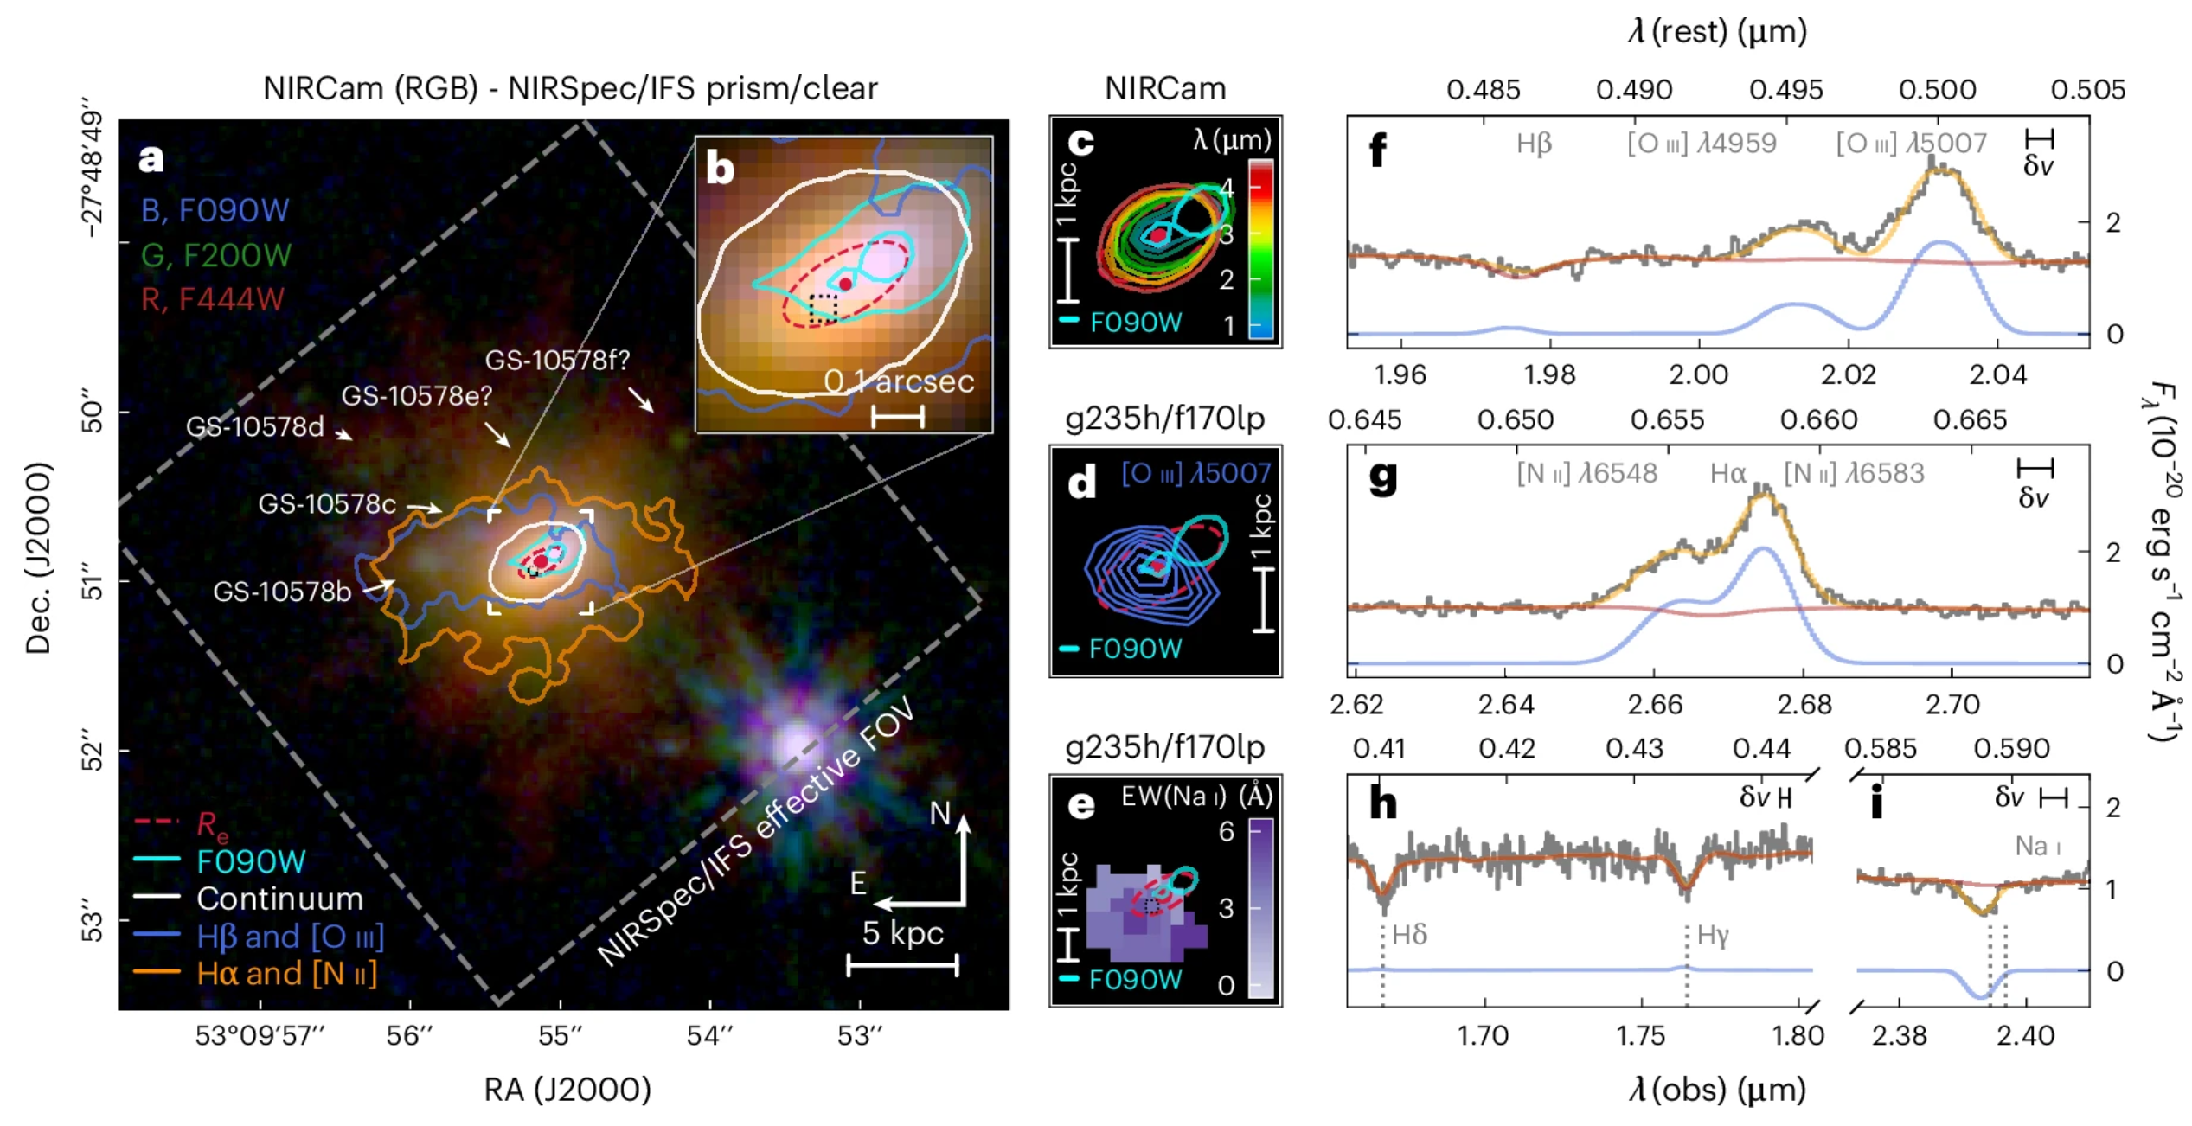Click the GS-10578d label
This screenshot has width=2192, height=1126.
tap(254, 427)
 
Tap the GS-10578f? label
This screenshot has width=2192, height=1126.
tap(557, 360)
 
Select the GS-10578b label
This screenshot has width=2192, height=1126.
tap(282, 592)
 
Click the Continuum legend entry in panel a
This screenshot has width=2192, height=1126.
tap(279, 899)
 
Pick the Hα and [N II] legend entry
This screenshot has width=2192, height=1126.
tap(285, 974)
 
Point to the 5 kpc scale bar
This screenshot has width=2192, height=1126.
tap(902, 965)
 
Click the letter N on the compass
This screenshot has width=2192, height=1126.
tap(939, 814)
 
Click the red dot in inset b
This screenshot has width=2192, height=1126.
tap(845, 284)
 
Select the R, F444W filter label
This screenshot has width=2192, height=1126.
tap(212, 299)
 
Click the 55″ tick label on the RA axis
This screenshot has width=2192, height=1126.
tap(560, 1035)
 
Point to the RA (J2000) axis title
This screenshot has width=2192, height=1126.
tap(567, 1090)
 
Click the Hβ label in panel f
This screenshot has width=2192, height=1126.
tap(1534, 144)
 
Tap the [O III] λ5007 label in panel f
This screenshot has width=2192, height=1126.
tap(1911, 144)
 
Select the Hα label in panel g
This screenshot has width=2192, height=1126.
tap(1727, 473)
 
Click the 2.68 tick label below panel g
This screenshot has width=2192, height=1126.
tap(1804, 705)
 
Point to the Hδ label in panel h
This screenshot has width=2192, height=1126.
tap(1409, 935)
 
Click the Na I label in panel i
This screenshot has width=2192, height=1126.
tap(2038, 846)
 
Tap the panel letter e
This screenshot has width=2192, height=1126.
tap(1081, 805)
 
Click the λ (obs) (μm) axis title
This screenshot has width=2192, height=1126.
tap(1717, 1090)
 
